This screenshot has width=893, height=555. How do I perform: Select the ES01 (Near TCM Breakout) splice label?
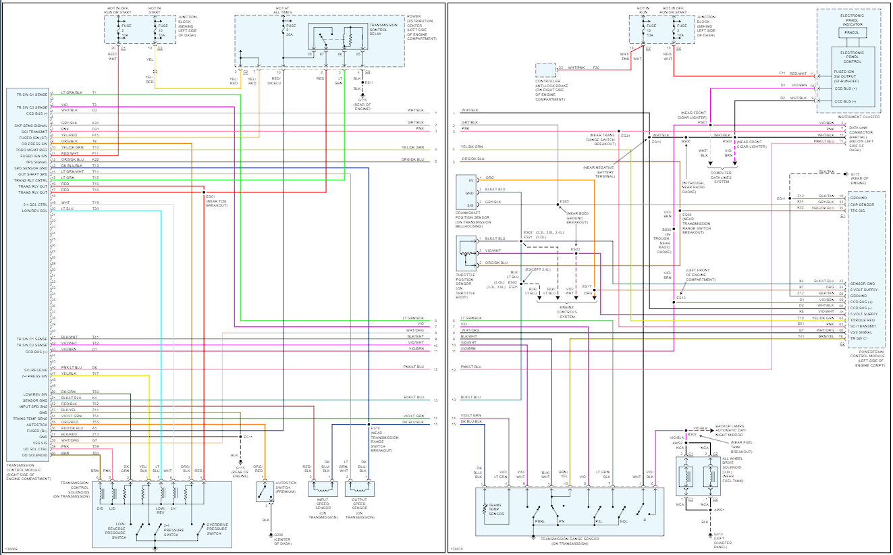tap(216, 201)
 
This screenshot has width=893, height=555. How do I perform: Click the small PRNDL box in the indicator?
tap(851, 32)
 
